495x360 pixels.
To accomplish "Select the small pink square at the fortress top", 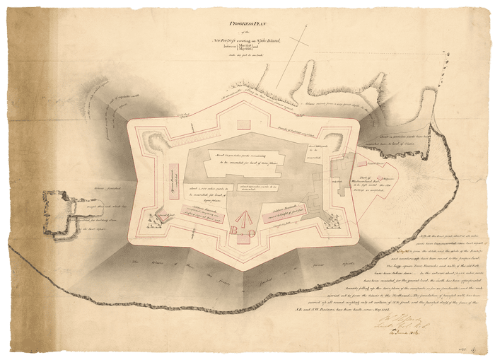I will (x=245, y=125).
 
